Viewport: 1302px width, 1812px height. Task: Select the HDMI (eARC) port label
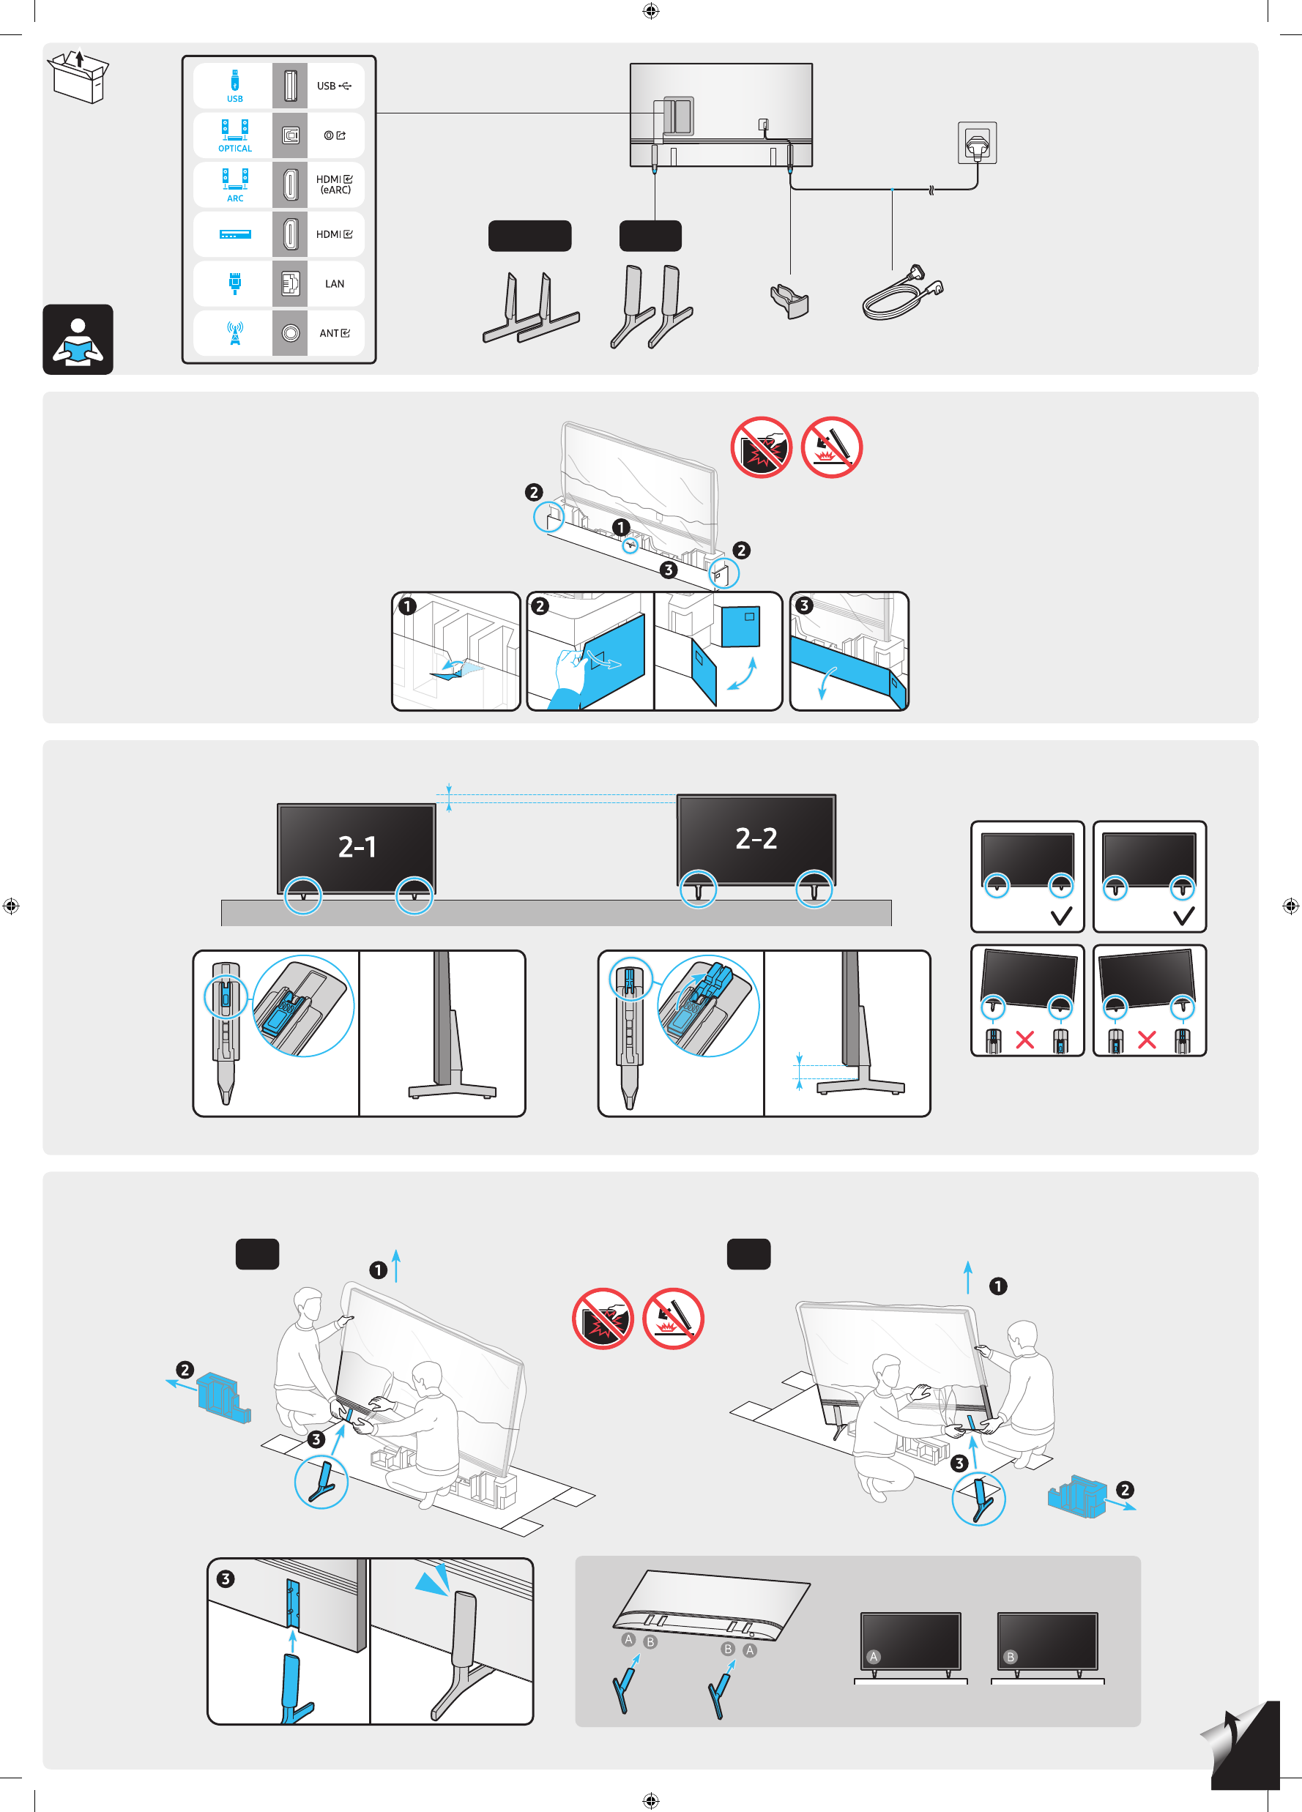click(334, 184)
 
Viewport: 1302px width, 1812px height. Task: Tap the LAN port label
click(334, 283)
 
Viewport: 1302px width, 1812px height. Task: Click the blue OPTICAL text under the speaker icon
click(235, 149)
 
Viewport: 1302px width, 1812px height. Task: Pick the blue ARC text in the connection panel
click(235, 198)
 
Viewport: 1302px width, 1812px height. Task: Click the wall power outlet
click(977, 143)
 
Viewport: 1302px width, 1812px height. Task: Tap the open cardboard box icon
click(78, 77)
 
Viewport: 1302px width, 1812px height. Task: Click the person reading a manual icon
click(78, 340)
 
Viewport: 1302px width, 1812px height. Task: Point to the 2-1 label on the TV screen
click(357, 847)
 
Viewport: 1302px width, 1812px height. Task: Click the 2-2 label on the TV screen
click(756, 838)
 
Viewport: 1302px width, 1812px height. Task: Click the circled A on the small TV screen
click(874, 1657)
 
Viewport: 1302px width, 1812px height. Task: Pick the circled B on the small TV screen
click(1011, 1657)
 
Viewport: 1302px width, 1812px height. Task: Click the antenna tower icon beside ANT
click(235, 333)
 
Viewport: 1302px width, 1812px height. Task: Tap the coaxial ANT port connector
click(290, 333)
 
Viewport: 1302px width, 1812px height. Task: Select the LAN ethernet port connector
click(290, 283)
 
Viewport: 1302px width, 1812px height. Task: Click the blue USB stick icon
click(235, 80)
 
